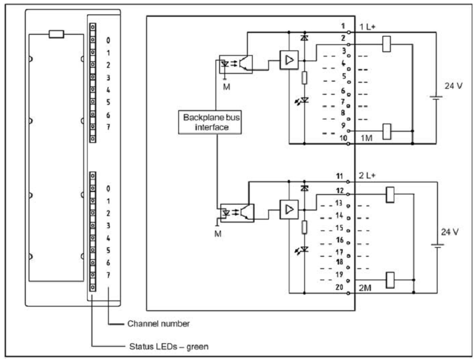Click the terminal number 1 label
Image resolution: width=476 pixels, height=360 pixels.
click(342, 26)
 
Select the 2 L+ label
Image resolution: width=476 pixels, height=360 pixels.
click(367, 176)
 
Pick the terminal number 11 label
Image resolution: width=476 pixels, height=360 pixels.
click(340, 176)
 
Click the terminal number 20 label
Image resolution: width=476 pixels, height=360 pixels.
click(340, 288)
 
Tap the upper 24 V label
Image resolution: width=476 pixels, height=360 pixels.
click(453, 86)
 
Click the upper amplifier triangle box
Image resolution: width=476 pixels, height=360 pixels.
click(289, 60)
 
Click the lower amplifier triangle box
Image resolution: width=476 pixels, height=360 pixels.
click(289, 209)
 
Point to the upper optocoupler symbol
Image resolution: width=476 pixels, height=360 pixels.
click(236, 64)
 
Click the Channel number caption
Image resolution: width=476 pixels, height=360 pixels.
click(158, 323)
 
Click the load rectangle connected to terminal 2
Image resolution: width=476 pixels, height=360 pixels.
click(388, 43)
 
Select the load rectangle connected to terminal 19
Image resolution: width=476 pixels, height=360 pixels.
click(390, 279)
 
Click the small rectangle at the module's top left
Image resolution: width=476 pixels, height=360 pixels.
click(56, 34)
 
